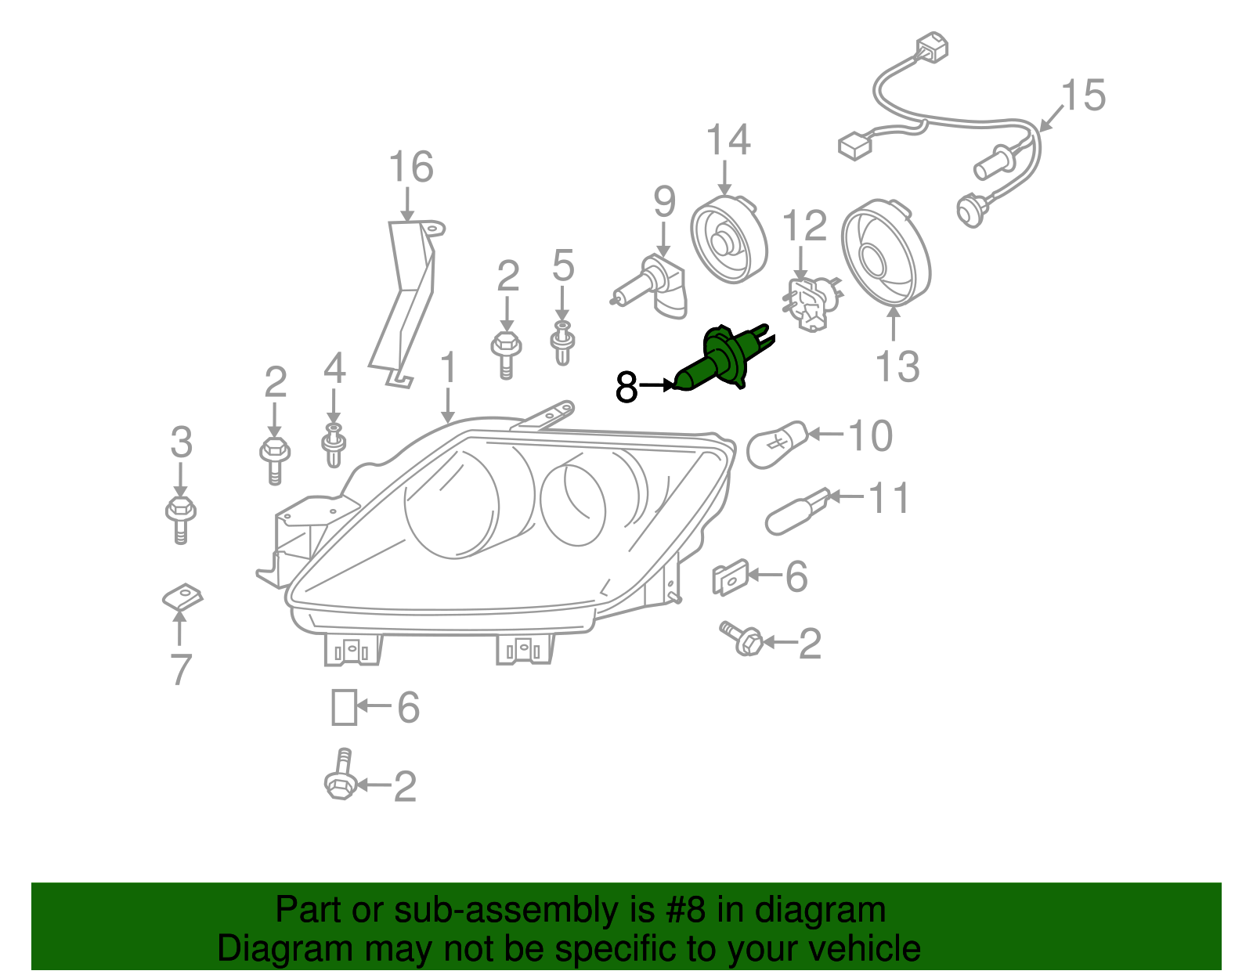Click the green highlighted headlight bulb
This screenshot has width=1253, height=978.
click(724, 359)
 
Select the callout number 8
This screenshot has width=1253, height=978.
click(626, 388)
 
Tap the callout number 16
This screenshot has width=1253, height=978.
click(411, 167)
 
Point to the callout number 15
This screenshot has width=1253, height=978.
click(1084, 95)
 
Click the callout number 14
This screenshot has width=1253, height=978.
click(728, 139)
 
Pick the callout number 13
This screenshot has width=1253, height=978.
click(897, 366)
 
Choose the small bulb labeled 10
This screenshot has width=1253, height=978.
click(778, 444)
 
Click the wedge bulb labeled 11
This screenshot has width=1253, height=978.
click(797, 512)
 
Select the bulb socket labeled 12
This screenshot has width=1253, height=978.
click(811, 304)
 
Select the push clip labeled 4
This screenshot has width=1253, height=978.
click(334, 445)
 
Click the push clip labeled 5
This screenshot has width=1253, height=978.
click(562, 343)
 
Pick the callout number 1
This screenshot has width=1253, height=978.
click(448, 368)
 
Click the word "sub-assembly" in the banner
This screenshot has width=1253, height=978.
click(524, 909)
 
